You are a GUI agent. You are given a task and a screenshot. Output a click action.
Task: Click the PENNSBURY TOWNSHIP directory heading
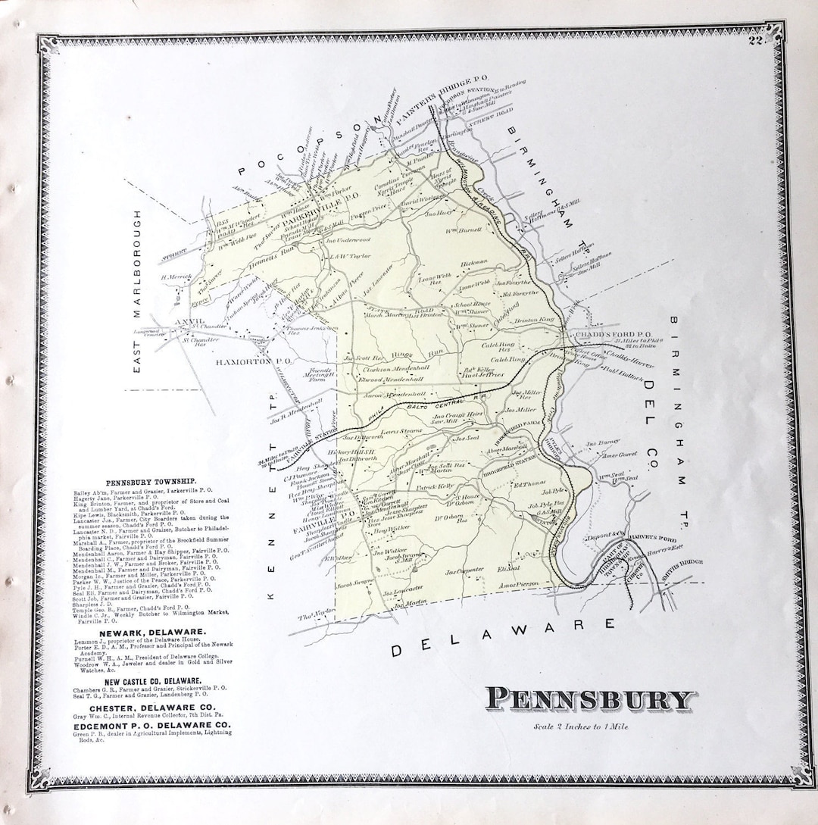point(151,481)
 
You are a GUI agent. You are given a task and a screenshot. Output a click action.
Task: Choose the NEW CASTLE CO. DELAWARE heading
point(153,681)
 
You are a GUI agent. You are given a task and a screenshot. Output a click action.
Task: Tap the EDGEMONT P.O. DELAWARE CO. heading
point(152,726)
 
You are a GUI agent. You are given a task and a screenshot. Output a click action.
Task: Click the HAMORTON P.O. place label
point(244,362)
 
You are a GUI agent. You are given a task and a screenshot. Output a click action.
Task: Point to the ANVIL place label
point(189,321)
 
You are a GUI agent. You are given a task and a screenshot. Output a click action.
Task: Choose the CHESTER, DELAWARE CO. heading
point(152,707)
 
